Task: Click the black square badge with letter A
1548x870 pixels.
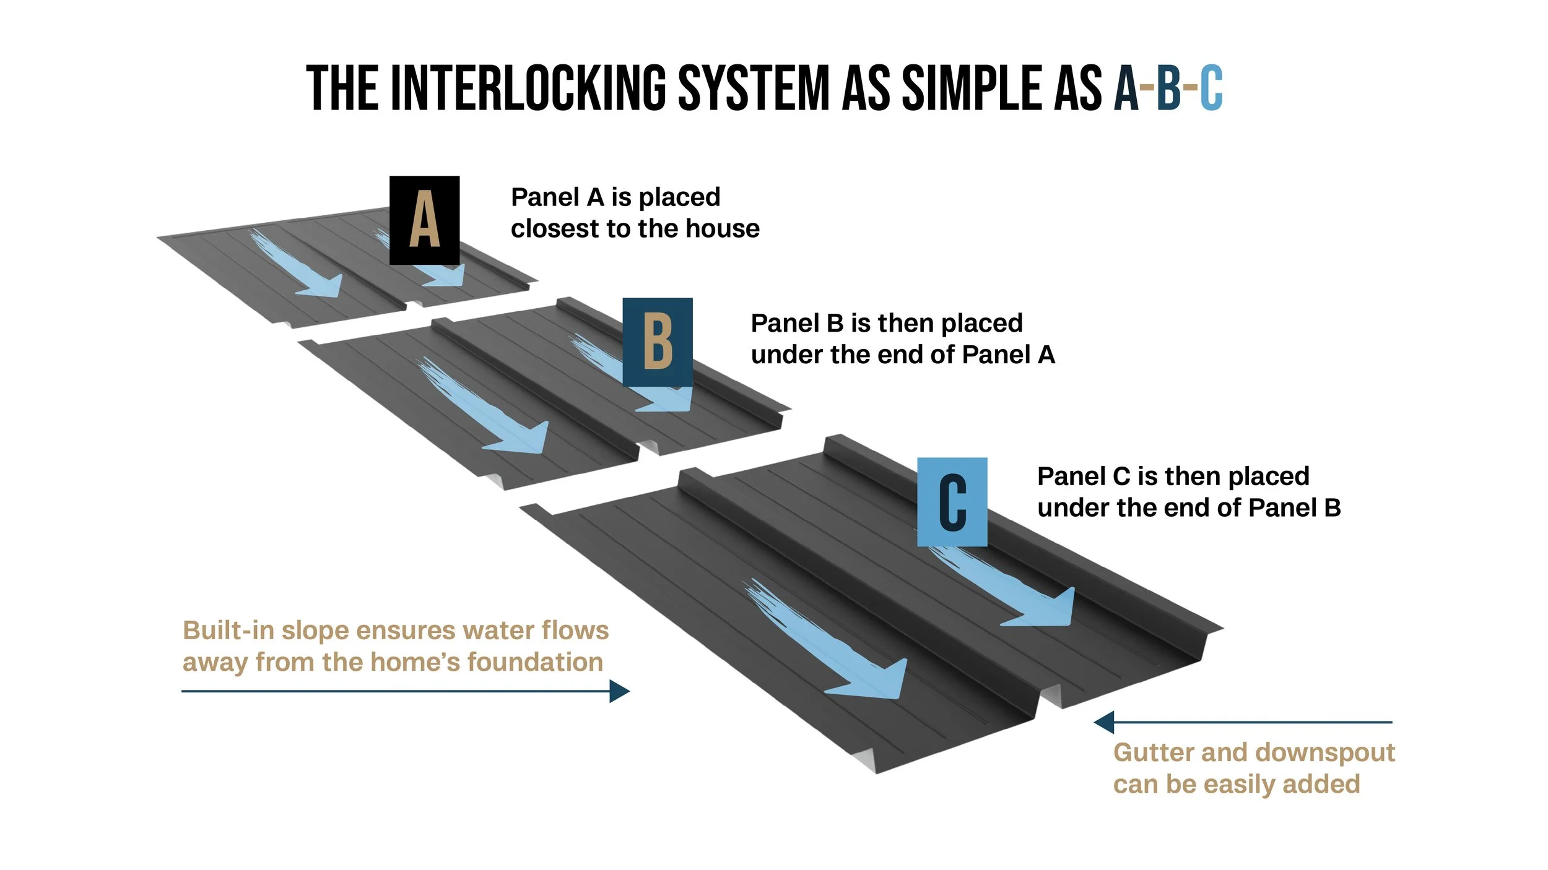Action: [x=424, y=220]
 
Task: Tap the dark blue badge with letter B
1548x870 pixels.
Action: [x=658, y=342]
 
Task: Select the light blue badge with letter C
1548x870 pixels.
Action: [x=952, y=502]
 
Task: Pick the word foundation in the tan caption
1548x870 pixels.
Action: [x=535, y=662]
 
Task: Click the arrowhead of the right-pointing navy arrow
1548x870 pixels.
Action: [x=620, y=691]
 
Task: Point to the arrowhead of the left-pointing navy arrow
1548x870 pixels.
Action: [x=1104, y=722]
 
